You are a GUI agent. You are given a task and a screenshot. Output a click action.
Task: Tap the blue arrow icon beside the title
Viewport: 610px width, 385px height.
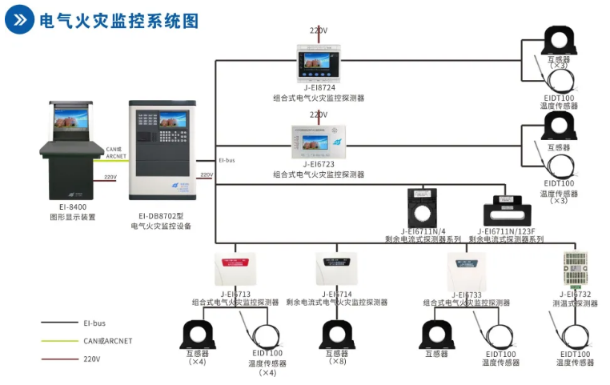coord(20,21)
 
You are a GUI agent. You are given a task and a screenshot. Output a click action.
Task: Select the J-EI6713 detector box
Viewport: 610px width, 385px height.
coord(235,268)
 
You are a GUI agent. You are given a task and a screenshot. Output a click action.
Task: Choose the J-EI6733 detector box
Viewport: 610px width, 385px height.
coord(467,268)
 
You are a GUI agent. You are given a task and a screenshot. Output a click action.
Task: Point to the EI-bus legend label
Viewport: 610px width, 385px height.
coord(94,323)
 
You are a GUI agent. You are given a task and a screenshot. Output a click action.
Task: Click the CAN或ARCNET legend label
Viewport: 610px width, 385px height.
coord(107,341)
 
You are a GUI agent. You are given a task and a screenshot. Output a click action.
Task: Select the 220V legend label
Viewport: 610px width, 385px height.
coord(92,359)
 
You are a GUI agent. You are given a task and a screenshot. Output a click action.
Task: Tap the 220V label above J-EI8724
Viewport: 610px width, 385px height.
coord(319,30)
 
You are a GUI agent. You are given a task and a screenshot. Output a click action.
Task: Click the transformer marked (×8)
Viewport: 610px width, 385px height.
coord(337,334)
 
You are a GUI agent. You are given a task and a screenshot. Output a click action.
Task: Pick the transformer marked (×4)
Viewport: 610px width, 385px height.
coord(197,334)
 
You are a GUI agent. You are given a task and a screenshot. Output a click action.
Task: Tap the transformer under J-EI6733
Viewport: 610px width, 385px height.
coord(436,334)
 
